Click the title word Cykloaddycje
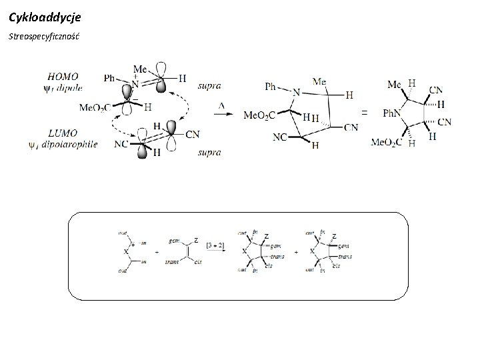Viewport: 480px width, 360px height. click(x=45, y=14)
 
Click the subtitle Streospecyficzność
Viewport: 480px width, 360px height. click(x=44, y=34)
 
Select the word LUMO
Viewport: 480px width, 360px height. click(x=63, y=133)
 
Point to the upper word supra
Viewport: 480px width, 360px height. click(x=209, y=85)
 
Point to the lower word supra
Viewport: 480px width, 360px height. click(x=209, y=153)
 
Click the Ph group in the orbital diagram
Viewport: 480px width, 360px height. click(x=111, y=78)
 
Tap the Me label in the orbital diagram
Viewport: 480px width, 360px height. click(x=140, y=69)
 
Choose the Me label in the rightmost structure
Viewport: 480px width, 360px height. click(x=395, y=85)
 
